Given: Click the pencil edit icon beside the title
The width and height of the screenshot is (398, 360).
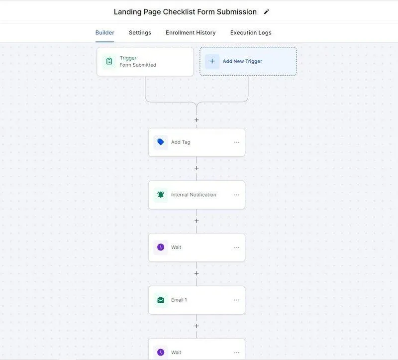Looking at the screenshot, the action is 266,11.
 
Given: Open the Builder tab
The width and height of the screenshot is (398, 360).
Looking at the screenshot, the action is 104,32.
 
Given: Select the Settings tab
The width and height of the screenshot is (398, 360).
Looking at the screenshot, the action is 140,32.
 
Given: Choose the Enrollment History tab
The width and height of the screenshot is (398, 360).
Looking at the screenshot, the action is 191,32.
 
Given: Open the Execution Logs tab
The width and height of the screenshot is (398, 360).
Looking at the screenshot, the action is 251,32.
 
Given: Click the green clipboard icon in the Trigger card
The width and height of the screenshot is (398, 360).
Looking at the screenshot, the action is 109,61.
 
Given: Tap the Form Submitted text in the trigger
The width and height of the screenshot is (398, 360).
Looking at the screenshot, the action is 138,65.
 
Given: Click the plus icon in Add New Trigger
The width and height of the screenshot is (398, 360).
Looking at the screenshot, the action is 212,61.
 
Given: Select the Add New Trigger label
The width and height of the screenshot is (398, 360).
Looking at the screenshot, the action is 242,61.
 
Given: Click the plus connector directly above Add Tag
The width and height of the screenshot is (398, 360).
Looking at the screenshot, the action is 197,120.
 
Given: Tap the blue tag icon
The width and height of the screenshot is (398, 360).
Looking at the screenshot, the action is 161,142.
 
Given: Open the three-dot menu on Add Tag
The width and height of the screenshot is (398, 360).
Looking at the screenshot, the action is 237,142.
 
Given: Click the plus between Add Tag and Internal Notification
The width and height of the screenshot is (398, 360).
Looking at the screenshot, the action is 197,168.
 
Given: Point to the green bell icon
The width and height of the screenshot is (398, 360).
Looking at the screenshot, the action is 161,195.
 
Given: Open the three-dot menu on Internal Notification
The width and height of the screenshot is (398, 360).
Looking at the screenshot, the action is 237,195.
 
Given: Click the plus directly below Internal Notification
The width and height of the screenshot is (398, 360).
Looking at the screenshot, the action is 197,221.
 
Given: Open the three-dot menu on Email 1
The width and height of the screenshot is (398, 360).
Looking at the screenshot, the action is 237,300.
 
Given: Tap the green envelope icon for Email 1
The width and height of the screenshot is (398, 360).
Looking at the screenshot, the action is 161,300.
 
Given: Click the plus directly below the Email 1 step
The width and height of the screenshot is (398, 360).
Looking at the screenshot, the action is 197,326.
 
